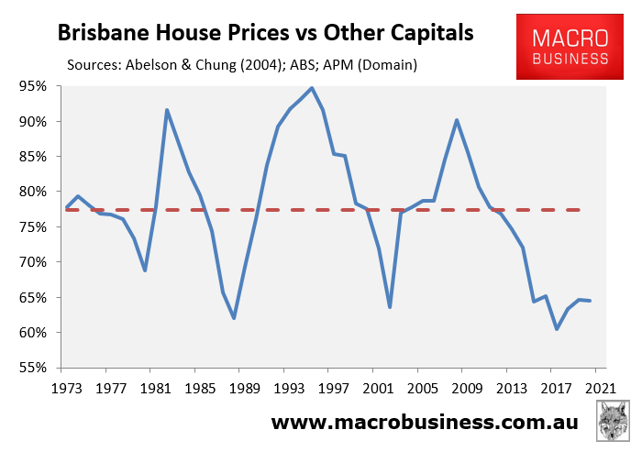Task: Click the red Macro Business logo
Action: pyautogui.click(x=570, y=47)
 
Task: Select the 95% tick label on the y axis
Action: pyautogui.click(x=33, y=86)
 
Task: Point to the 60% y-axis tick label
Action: pyautogui.click(x=33, y=333)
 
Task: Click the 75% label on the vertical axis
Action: pyautogui.click(x=33, y=227)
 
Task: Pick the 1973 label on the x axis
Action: pyautogui.click(x=67, y=388)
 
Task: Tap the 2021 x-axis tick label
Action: pyautogui.click(x=601, y=388)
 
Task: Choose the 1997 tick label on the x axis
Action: pyautogui.click(x=334, y=388)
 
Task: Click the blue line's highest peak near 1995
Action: pyautogui.click(x=312, y=88)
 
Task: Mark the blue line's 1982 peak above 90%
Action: pyautogui.click(x=167, y=110)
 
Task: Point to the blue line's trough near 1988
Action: pyautogui.click(x=234, y=318)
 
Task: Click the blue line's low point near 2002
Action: pyautogui.click(x=390, y=306)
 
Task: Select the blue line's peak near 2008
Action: pyautogui.click(x=457, y=120)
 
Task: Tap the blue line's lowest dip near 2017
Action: pyautogui.click(x=557, y=329)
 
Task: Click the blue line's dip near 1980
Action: pyautogui.click(x=145, y=270)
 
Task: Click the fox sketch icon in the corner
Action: pyautogui.click(x=613, y=421)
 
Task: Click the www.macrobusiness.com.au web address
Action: pyautogui.click(x=425, y=422)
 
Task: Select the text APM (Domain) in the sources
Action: pyautogui.click(x=371, y=65)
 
